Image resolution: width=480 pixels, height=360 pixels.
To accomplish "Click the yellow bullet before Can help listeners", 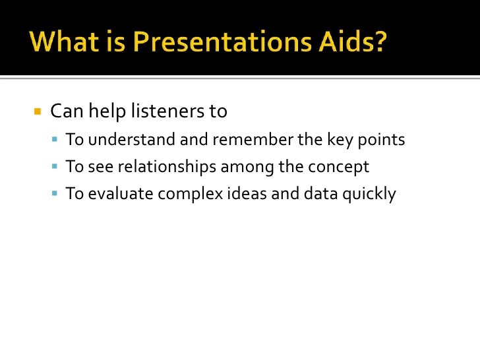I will (37, 111).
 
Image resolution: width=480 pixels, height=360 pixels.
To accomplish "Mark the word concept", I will (337, 167).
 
